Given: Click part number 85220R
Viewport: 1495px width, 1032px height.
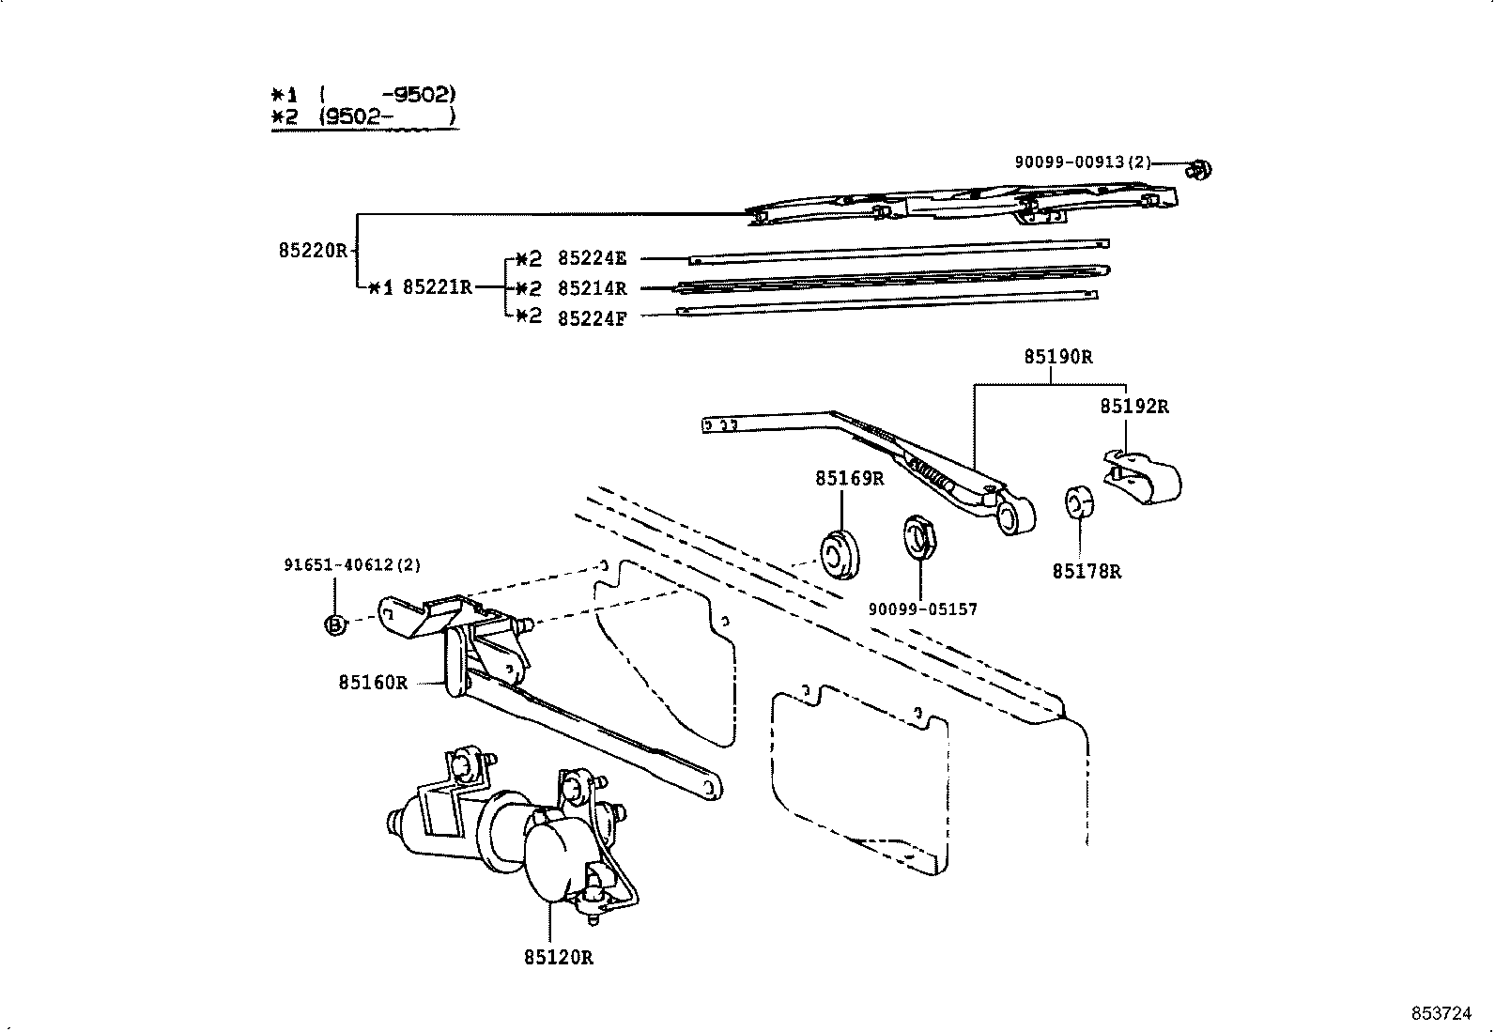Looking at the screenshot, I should pos(313,251).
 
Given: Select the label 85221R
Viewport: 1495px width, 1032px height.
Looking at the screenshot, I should pos(437,287).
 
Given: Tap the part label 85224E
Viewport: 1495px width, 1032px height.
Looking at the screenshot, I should pos(591,258).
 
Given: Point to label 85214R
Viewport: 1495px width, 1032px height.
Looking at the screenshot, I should pos(591,288).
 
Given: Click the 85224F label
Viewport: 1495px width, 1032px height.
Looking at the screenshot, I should pos(591,318).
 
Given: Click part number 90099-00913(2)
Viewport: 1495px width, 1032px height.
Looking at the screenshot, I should pos(1082,162).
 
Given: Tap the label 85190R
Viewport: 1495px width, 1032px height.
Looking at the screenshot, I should pos(1057,358).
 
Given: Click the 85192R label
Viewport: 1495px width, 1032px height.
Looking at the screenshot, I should pos(1133,407).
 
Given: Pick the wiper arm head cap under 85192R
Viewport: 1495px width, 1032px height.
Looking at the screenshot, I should pos(1144,475).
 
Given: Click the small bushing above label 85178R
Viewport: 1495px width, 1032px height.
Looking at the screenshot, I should pos(1078,503).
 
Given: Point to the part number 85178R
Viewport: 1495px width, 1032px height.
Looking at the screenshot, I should pos(1087,572).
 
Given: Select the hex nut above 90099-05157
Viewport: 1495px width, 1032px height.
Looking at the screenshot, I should pos(916,536).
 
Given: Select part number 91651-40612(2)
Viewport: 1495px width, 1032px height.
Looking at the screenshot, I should pos(352,565).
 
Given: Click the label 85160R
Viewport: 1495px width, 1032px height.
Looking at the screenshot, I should pos(373,683).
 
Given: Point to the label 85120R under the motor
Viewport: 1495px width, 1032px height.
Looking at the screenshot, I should pos(559,958).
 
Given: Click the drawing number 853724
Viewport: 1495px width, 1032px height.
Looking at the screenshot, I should pos(1441,1014).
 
